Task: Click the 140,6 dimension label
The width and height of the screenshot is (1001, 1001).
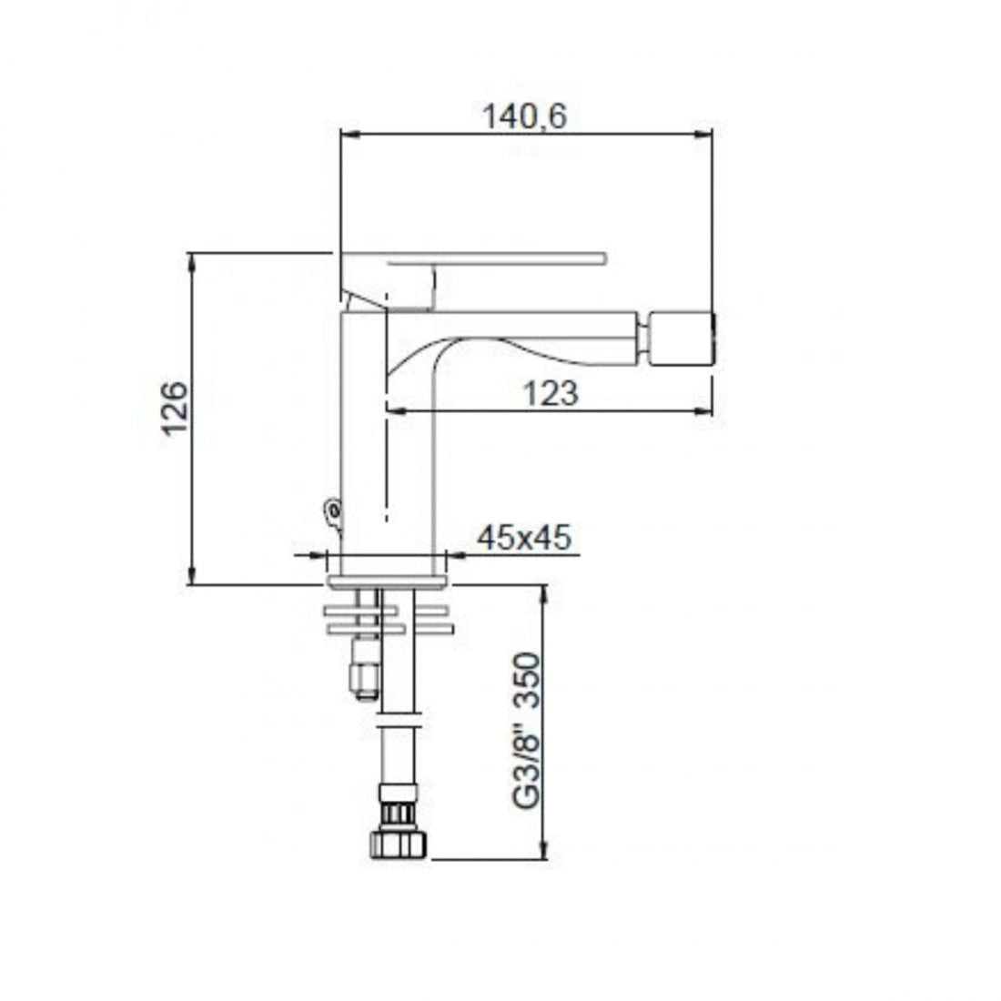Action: click(524, 116)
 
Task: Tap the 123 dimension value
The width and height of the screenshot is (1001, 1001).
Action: click(551, 393)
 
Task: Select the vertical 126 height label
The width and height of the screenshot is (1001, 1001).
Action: click(175, 409)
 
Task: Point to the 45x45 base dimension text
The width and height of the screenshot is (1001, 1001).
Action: click(524, 538)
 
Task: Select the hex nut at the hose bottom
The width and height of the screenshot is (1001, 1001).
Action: click(398, 842)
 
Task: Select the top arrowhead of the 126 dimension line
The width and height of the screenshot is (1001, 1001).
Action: click(192, 261)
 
